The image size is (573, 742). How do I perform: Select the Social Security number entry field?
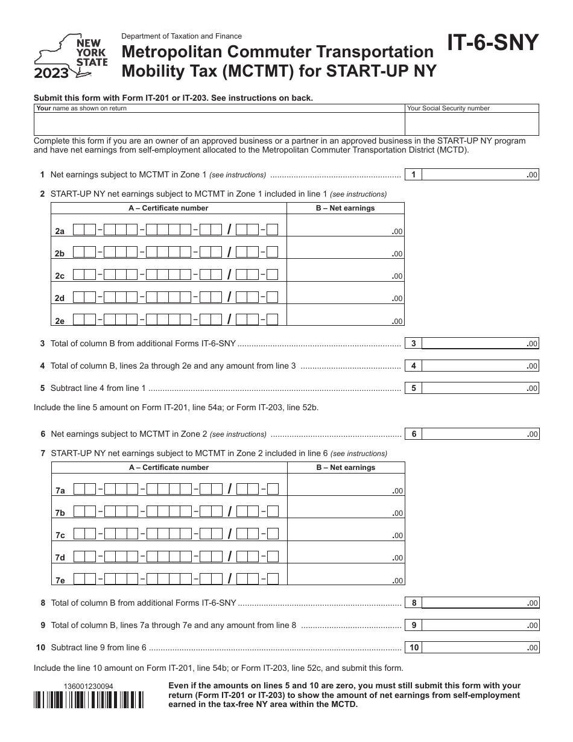coord(472,124)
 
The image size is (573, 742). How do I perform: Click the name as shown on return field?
coord(219,124)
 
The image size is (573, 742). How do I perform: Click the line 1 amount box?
coord(480,175)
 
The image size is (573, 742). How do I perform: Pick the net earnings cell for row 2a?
coord(345,226)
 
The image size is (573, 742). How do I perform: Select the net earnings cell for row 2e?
coord(345,315)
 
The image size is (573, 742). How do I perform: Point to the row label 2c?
coord(60,276)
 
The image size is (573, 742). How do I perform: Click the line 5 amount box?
coord(480,388)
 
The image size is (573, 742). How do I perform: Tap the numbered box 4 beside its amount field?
coord(413,366)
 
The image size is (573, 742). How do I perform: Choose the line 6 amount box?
coord(480,434)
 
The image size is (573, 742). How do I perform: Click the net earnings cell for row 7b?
coord(346,507)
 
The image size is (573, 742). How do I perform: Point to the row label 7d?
coord(60,558)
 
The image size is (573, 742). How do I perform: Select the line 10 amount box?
coord(480,648)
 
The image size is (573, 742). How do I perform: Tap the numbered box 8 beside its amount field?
coord(414,603)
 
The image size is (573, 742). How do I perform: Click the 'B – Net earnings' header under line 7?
coord(346,468)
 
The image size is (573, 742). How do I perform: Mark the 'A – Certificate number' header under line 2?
coord(168,208)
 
